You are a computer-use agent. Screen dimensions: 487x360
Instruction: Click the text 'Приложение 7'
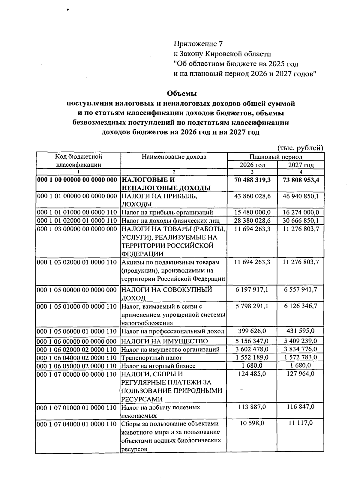point(198,44)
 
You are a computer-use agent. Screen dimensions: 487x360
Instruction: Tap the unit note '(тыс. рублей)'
point(300,148)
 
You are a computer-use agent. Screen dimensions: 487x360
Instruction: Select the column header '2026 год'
point(252,165)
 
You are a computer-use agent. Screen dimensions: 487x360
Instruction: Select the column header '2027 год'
point(301,165)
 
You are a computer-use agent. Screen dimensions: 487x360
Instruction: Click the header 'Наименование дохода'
point(174,157)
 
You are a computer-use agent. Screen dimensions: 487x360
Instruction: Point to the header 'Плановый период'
point(276,157)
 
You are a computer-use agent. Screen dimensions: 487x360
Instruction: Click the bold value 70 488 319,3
point(252,180)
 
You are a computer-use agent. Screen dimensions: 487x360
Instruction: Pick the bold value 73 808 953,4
point(301,180)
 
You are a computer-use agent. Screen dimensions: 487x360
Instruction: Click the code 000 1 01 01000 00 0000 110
point(77,213)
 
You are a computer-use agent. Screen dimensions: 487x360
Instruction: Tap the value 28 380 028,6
point(252,221)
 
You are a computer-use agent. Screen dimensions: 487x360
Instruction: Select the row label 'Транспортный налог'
point(151,358)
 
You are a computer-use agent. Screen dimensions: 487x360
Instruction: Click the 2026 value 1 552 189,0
point(252,357)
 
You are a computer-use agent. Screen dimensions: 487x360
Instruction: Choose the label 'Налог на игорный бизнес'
point(158,366)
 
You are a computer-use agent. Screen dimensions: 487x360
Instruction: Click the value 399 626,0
point(252,331)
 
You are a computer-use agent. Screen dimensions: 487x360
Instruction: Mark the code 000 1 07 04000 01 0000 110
point(77,424)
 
